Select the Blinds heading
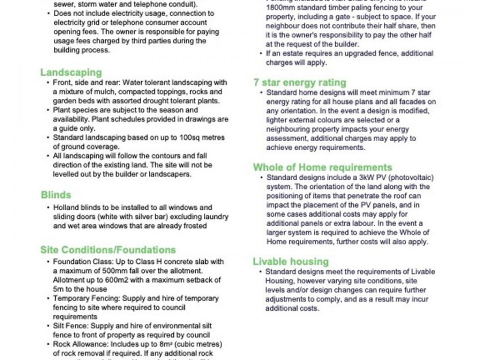[56, 194]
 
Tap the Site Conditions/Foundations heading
[108, 249]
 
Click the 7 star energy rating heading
[299, 82]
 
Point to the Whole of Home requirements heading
[322, 167]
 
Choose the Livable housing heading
[290, 262]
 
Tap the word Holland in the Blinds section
[66, 208]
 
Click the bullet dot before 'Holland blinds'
[47, 208]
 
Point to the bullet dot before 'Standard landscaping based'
[47, 137]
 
